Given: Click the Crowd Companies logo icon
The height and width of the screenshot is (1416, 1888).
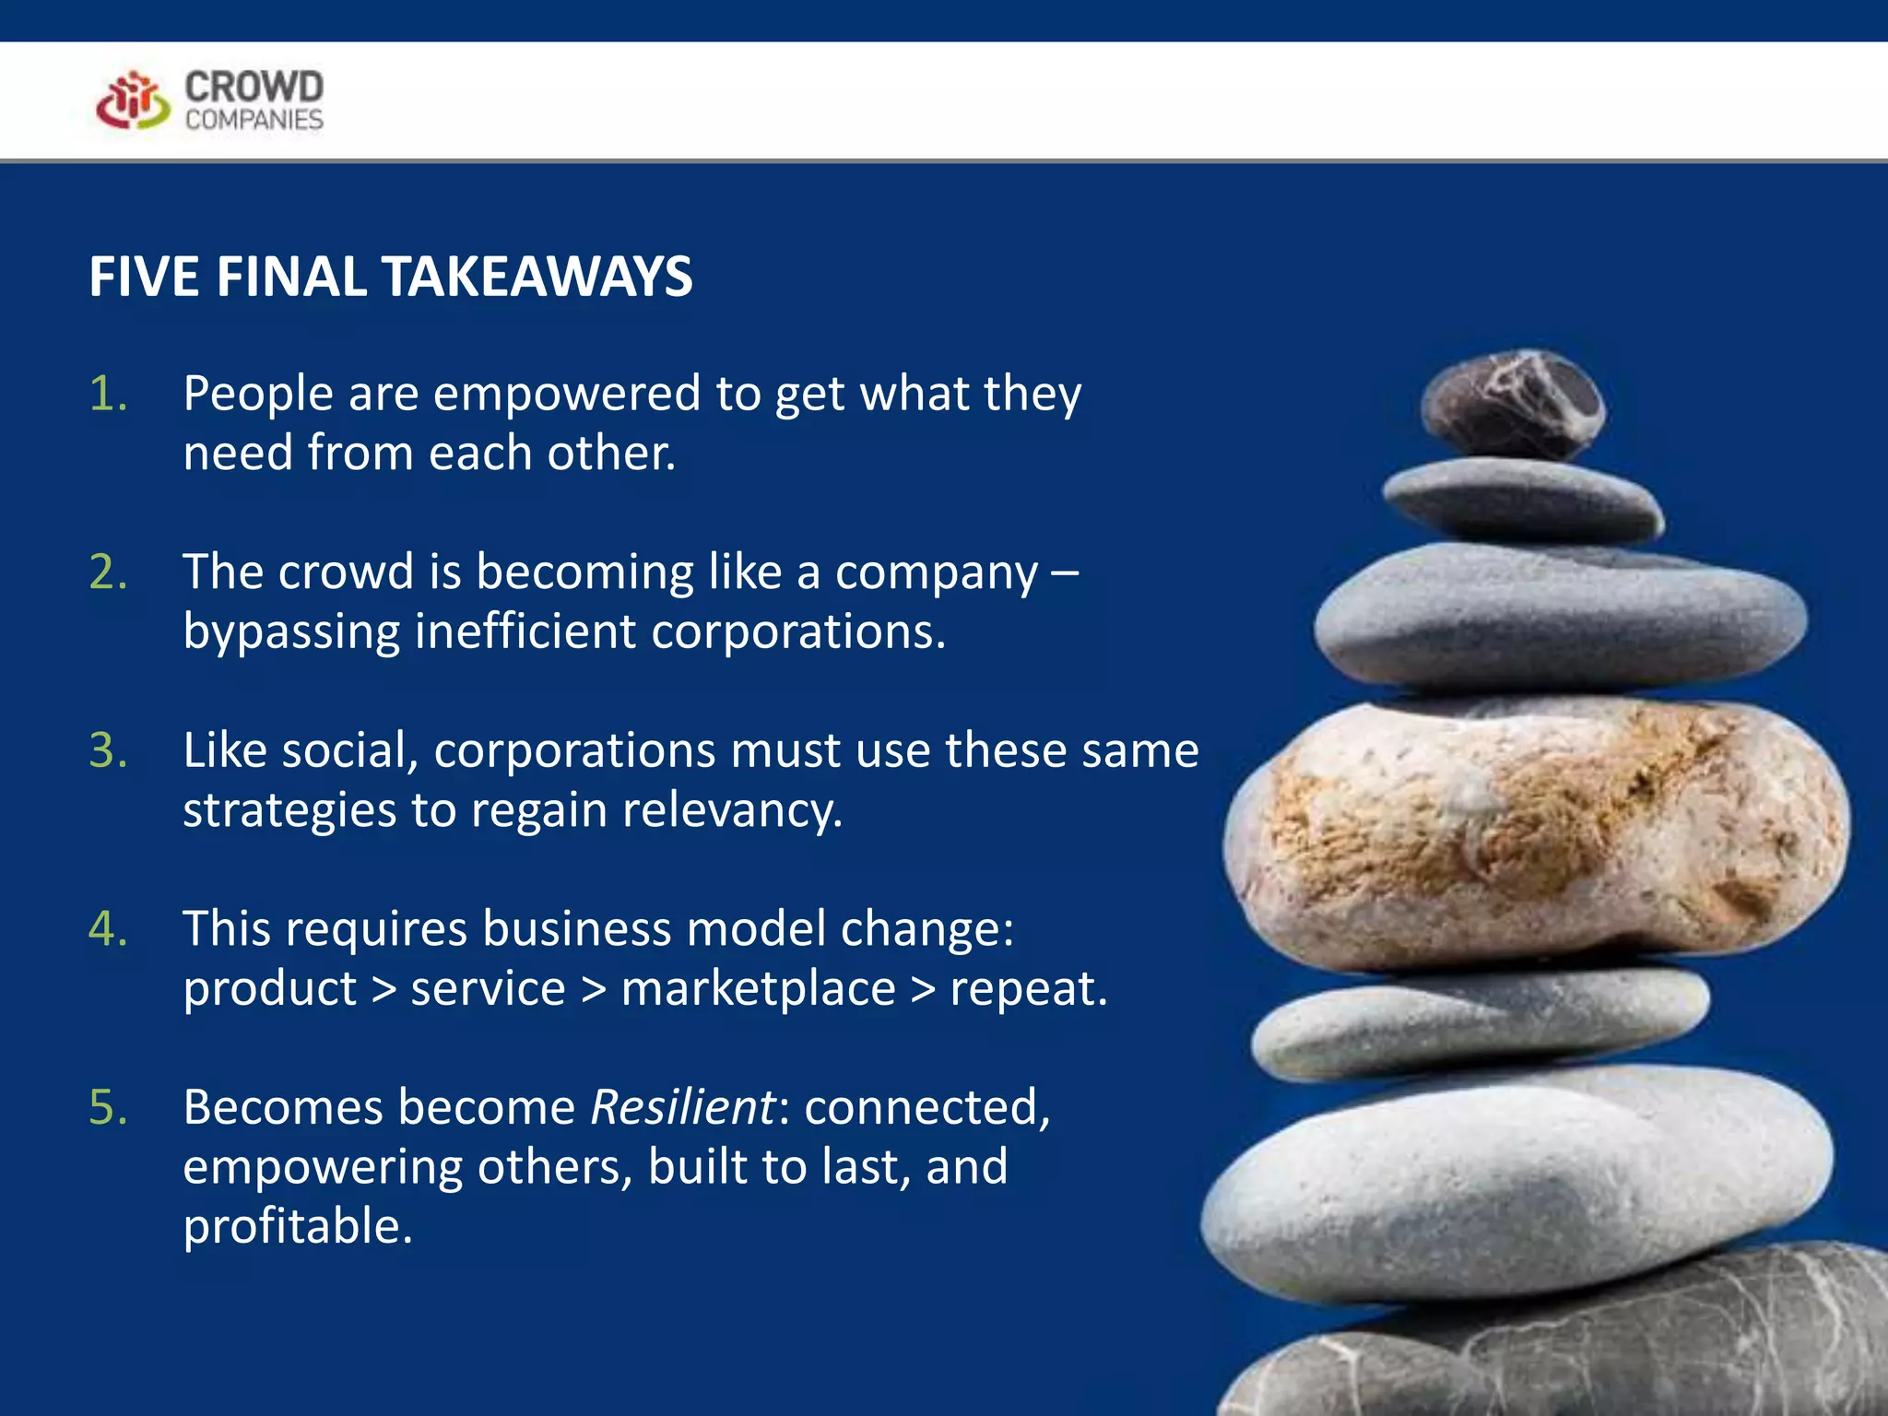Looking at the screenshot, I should click(133, 100).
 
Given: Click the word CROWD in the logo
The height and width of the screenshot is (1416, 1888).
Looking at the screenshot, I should click(254, 87).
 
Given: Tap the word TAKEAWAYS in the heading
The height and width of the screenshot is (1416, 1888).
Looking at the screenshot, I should click(537, 277).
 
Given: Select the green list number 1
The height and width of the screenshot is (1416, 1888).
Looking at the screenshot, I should click(108, 394).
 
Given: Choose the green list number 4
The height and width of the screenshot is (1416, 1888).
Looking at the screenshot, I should click(108, 928).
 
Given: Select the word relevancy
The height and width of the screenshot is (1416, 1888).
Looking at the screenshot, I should click(733, 810).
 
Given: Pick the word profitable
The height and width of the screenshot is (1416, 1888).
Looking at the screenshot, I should click(297, 1226).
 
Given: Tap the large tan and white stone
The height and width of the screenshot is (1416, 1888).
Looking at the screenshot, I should click(1534, 834).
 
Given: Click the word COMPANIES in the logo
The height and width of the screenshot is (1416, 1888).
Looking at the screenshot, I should click(254, 120).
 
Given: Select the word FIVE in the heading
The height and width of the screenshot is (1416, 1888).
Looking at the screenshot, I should click(144, 277).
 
